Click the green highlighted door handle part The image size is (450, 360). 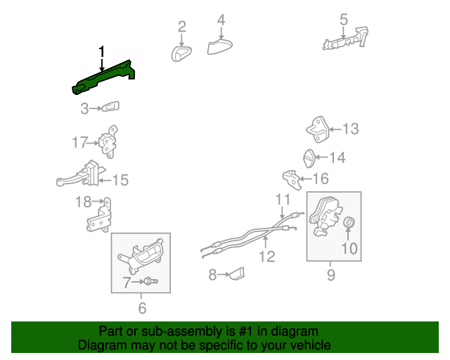[103, 77]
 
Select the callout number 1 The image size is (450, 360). [101, 51]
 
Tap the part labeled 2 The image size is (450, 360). [181, 53]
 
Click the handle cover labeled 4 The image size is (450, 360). [219, 46]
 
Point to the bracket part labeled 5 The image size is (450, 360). [345, 40]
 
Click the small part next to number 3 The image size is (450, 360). [110, 107]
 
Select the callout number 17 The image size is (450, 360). [79, 142]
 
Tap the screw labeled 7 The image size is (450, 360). [151, 281]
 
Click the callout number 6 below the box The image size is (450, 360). [142, 309]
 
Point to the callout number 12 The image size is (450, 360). [267, 257]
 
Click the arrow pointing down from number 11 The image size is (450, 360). [282, 212]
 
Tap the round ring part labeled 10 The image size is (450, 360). [349, 222]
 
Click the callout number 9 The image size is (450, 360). [331, 275]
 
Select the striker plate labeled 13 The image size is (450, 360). [317, 129]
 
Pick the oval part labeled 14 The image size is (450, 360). [309, 158]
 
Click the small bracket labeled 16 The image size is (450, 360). [292, 180]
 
